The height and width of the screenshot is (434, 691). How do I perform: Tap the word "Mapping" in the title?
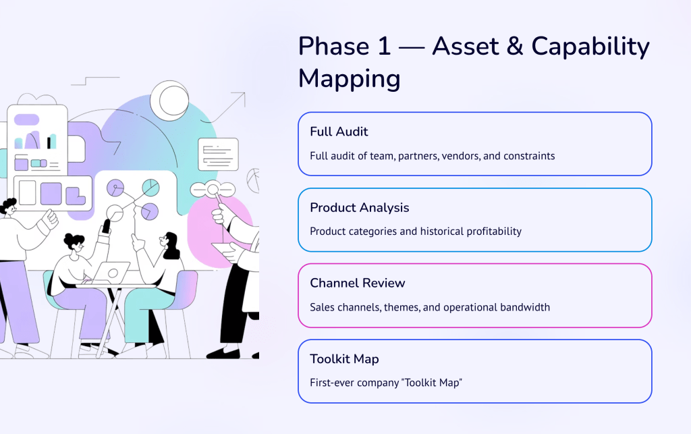tap(350, 79)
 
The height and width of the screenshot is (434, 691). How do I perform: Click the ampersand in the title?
tap(513, 47)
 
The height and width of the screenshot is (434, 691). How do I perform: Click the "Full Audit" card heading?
tap(339, 132)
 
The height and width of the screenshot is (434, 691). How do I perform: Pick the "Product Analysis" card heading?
tap(360, 207)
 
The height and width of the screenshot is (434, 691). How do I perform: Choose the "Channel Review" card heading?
tap(358, 283)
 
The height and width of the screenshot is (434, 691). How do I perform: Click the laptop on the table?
tap(112, 271)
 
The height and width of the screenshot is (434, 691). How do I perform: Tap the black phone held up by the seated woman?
tap(106, 226)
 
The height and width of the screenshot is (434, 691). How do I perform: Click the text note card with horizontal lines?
tap(218, 154)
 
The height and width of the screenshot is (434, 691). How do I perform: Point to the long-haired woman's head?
tap(169, 244)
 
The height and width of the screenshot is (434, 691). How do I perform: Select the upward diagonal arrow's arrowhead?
tap(241, 97)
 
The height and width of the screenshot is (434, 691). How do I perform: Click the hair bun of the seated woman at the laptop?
tap(70, 240)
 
